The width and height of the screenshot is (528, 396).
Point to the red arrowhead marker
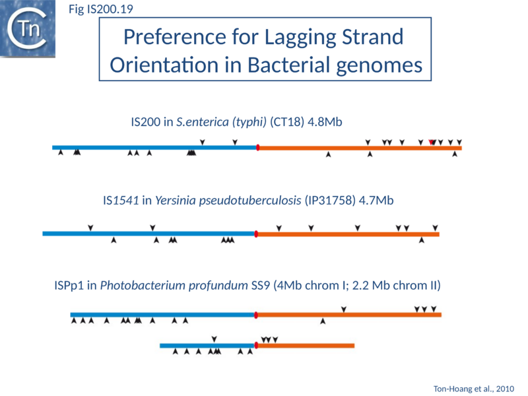(x=431, y=143)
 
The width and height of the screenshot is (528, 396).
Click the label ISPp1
(x=69, y=286)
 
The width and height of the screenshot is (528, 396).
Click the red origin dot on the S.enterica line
(x=257, y=147)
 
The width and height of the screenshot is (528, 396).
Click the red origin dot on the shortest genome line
(x=256, y=345)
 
